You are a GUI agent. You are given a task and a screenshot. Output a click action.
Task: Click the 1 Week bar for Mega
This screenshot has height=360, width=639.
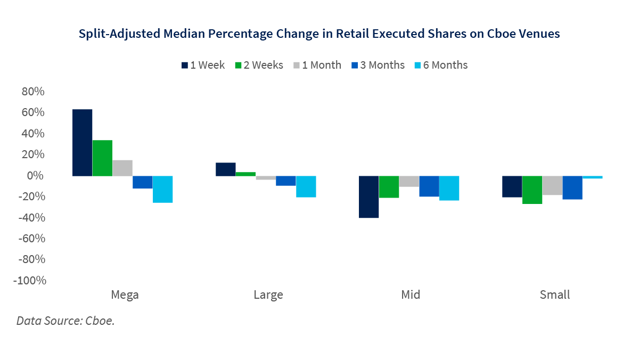(83, 142)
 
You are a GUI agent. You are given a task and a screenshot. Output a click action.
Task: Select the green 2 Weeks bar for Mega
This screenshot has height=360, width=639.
(102, 158)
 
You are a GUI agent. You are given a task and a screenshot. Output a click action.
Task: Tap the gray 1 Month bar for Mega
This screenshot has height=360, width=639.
(122, 168)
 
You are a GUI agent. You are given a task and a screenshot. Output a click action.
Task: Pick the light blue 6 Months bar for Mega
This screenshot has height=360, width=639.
(163, 189)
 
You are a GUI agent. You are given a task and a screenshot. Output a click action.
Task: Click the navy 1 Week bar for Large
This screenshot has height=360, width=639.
(226, 169)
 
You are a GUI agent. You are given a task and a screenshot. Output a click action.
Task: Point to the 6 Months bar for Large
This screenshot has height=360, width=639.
(306, 186)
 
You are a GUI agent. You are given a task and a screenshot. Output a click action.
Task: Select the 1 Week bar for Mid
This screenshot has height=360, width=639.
(368, 197)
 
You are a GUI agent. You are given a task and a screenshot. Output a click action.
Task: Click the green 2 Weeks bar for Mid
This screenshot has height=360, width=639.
(389, 186)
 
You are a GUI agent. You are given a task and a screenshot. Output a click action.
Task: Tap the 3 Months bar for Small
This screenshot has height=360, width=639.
(572, 187)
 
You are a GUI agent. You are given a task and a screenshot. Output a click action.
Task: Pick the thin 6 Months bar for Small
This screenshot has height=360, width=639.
(593, 177)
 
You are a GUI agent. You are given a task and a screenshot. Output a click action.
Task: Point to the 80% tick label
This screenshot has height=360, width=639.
(33, 92)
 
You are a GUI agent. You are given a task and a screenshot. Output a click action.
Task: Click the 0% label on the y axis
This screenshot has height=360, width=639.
(36, 176)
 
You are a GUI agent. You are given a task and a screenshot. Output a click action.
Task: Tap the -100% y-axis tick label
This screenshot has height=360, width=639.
(30, 281)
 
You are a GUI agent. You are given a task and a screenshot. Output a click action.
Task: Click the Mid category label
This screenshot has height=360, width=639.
(411, 295)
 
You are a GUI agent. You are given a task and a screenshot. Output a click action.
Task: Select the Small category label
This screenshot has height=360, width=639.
(555, 295)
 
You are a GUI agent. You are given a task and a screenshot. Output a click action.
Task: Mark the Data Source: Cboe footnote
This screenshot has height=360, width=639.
(65, 321)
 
